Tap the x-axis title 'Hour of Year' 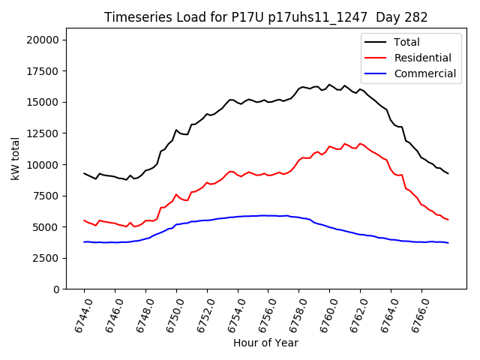click(265, 343)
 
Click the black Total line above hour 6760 click(329, 85)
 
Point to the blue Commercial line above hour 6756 click(268, 215)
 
